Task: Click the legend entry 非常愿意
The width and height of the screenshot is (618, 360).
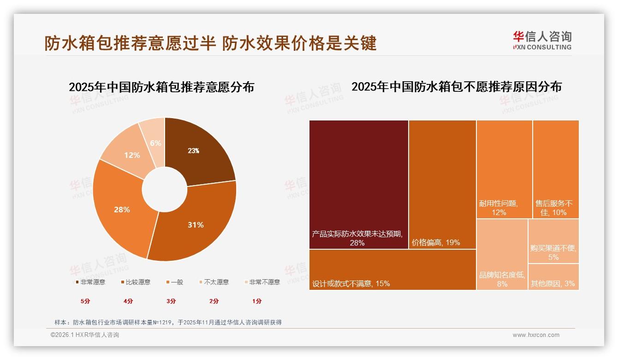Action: coord(90,282)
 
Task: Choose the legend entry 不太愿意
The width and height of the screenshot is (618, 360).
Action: coord(214,282)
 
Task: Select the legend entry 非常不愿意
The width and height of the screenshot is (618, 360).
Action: coord(262,282)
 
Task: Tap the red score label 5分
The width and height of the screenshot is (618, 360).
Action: coord(86,301)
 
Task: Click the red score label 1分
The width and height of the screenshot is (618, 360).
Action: coord(257,301)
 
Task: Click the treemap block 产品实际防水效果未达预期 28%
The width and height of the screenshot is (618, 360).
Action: coord(358,185)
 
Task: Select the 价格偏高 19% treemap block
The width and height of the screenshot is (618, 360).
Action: coord(442,185)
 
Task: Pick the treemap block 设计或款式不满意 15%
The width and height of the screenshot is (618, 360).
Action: coord(392,270)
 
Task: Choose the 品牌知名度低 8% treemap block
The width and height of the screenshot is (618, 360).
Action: coord(502,254)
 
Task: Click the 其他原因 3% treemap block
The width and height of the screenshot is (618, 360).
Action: coord(553,277)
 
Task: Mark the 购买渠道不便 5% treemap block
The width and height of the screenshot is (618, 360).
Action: coord(553,241)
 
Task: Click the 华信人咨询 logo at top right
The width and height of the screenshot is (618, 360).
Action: coord(542,40)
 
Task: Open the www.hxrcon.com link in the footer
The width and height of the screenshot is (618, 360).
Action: coord(536,335)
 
